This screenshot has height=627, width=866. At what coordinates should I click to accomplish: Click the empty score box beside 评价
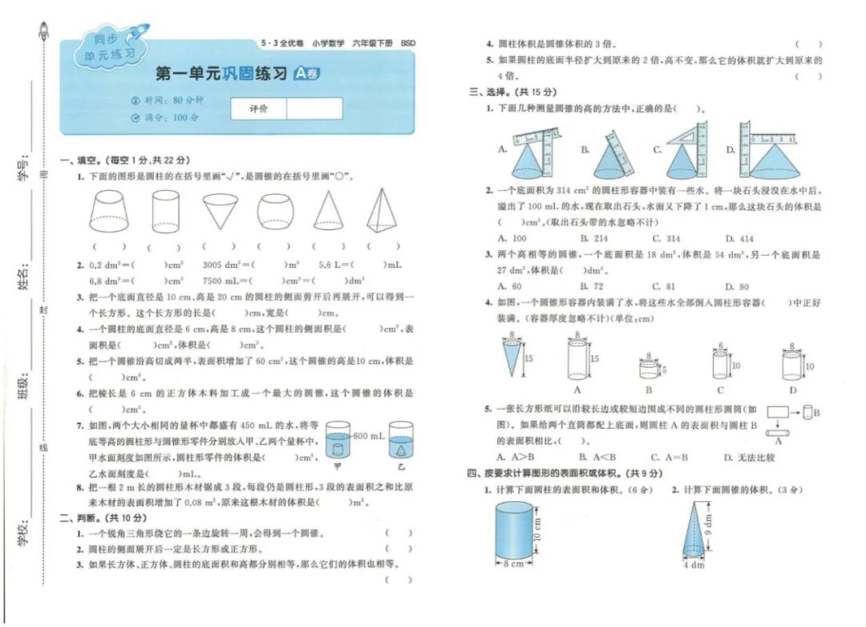pyautogui.click(x=314, y=108)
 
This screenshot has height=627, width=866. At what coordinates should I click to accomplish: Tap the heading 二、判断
pyautogui.click(x=81, y=516)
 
